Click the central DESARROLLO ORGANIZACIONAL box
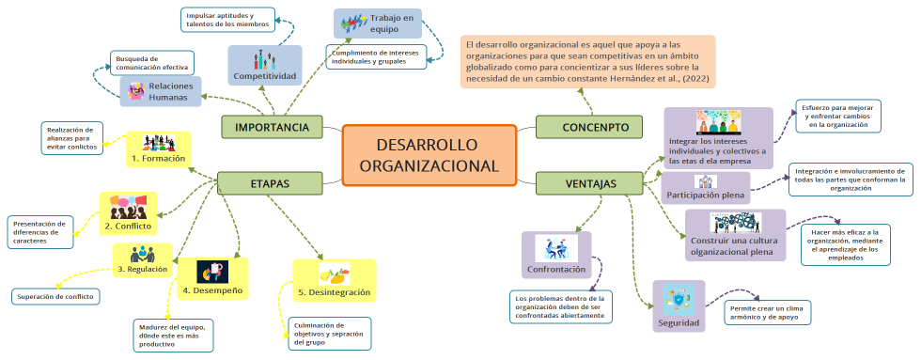tap(429, 155)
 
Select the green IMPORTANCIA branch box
tap(272, 127)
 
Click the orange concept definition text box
tap(587, 61)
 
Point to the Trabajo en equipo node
tap(377, 23)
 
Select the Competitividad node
tap(265, 65)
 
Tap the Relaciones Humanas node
tap(161, 91)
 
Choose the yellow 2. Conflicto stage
tap(128, 214)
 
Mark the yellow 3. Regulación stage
tap(142, 259)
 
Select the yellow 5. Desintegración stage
tap(333, 281)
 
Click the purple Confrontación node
tap(555, 256)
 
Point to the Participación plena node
tap(705, 187)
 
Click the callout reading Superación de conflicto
tap(55, 297)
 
